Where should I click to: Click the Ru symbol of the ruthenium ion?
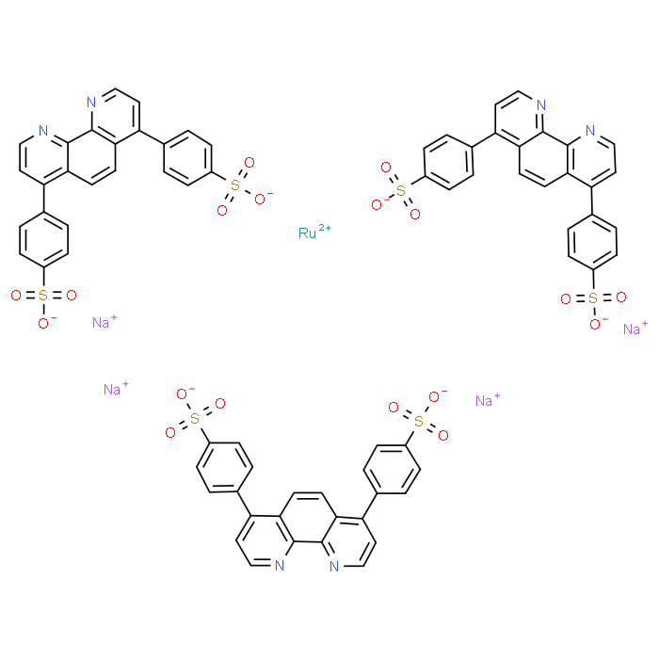click(307, 233)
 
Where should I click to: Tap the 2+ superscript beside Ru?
click(325, 229)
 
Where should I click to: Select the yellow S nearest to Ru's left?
click(235, 185)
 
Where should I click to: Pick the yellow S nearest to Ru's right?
click(400, 190)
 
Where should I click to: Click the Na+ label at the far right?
click(634, 329)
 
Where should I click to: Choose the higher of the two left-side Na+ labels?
click(102, 323)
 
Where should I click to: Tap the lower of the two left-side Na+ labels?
click(113, 389)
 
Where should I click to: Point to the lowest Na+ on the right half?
click(485, 401)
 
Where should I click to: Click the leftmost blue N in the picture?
click(43, 131)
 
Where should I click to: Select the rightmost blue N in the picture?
click(590, 131)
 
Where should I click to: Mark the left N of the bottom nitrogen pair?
click(280, 566)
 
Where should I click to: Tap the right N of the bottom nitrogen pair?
click(333, 566)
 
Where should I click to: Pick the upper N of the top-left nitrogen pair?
click(91, 103)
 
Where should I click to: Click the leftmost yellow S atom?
click(42, 296)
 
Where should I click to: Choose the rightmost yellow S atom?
click(592, 298)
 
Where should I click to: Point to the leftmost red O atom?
click(15, 296)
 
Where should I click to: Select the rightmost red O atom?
click(620, 297)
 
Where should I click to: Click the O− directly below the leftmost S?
click(43, 323)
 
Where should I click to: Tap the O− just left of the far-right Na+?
click(595, 325)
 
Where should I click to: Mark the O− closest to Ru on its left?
click(261, 199)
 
